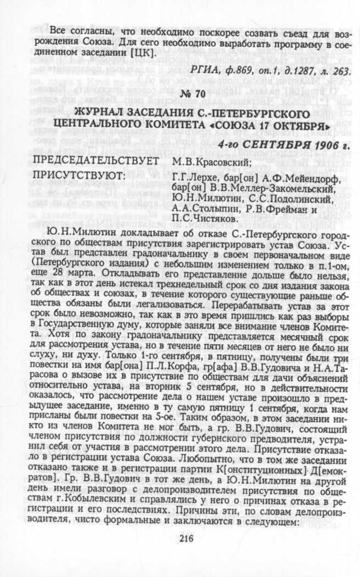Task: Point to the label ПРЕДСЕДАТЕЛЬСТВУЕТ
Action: (x=96, y=161)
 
